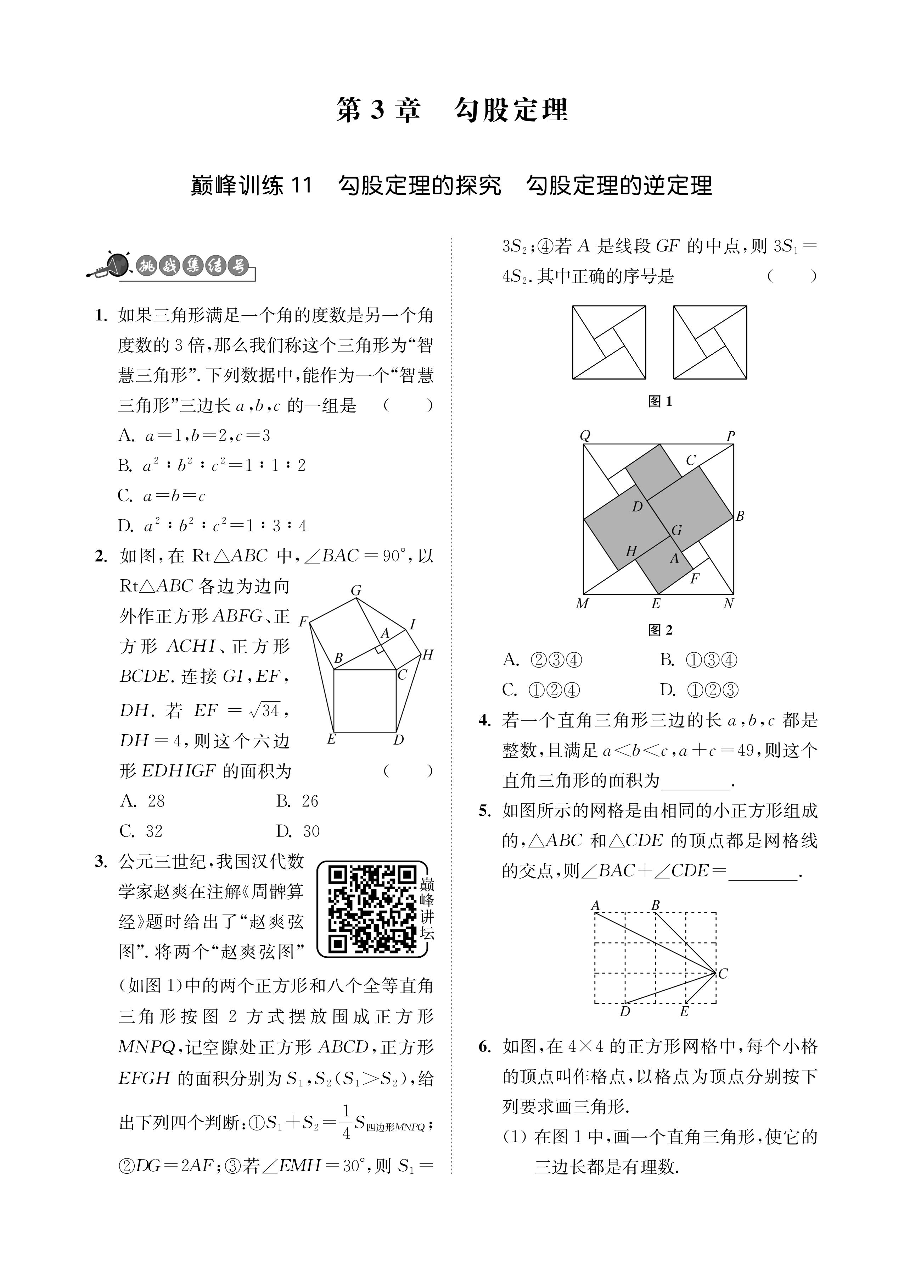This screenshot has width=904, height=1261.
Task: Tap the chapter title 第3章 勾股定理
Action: pos(452,110)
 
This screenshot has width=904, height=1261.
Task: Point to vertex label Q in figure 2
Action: pos(584,435)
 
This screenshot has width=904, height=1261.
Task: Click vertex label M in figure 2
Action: pos(582,604)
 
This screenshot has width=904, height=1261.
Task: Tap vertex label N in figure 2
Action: pos(729,604)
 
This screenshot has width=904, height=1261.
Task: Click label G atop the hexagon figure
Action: pos(356,591)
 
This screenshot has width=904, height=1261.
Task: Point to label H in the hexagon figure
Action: pos(427,655)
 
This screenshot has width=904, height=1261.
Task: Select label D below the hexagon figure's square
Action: pos(398,740)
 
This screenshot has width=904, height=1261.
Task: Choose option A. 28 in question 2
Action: pos(143,801)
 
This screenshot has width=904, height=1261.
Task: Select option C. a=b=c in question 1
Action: pos(161,496)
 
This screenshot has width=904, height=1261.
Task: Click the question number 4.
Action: pos(484,720)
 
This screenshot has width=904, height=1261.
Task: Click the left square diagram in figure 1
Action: pos(609,343)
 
